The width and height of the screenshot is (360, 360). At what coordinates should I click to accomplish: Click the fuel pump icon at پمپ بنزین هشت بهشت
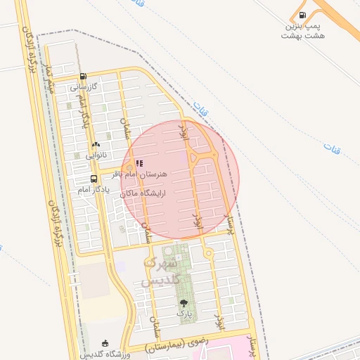[x=302, y=15]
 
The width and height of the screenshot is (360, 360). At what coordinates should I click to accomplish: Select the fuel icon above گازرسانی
[x=84, y=77]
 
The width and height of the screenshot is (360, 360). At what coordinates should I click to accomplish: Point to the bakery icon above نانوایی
[x=96, y=144]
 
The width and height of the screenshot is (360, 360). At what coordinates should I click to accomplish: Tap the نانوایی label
[x=96, y=155]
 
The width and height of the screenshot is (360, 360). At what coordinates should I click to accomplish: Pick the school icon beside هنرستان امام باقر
[x=139, y=162]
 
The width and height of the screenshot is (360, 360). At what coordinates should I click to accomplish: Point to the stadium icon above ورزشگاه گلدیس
[x=105, y=342]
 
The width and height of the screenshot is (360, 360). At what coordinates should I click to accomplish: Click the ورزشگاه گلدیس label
[x=105, y=354]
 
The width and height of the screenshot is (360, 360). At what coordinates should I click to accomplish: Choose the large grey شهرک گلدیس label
[x=162, y=272]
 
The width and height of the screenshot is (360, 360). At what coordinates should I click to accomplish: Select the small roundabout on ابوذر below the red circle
[x=208, y=252]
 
